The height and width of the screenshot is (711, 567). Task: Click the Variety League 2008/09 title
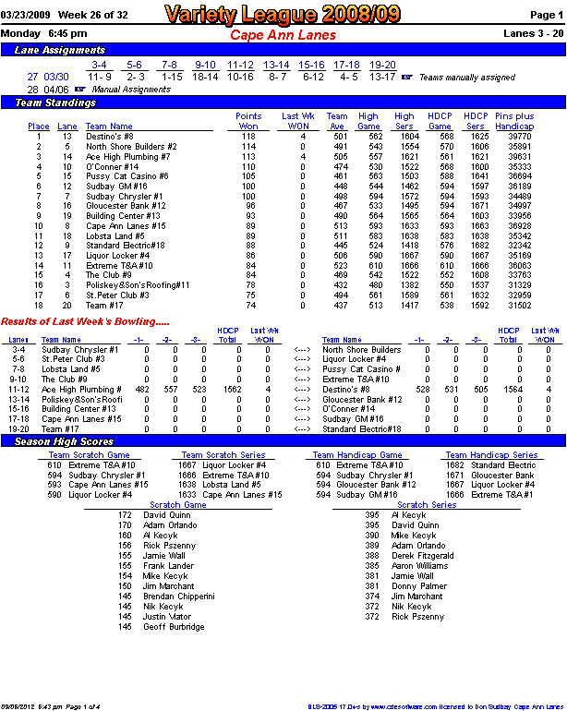(x=283, y=15)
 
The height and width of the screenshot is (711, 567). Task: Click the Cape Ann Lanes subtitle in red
(x=283, y=34)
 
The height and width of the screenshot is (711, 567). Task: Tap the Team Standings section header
(x=56, y=102)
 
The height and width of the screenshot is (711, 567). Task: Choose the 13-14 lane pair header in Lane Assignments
(x=276, y=66)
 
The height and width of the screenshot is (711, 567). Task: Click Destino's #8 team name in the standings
(x=110, y=137)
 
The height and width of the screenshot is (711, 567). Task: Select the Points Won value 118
(x=248, y=137)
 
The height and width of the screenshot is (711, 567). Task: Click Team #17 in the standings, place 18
(x=104, y=306)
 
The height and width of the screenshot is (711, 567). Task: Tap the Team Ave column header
(x=338, y=122)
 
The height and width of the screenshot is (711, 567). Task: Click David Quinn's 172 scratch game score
(x=125, y=515)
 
